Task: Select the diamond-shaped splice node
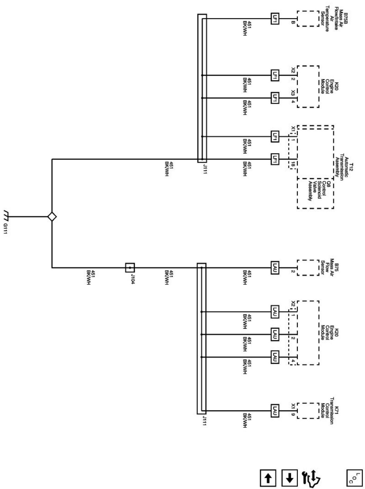click(52, 217)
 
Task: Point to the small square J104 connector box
click(130, 268)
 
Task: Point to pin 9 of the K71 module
click(293, 414)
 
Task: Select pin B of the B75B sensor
click(293, 23)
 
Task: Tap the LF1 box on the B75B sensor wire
click(275, 19)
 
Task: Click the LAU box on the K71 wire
click(275, 411)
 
